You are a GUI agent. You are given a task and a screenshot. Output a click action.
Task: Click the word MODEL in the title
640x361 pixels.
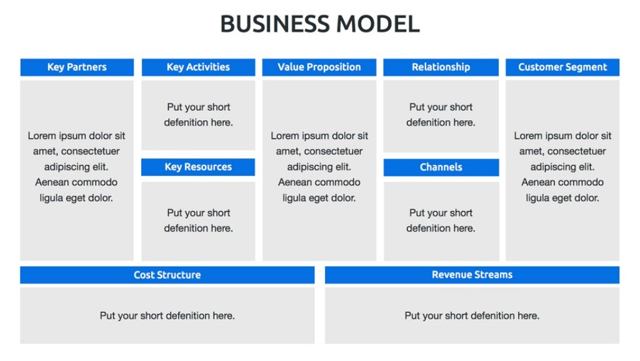tap(378, 24)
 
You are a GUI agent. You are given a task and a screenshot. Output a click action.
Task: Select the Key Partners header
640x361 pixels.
tap(77, 67)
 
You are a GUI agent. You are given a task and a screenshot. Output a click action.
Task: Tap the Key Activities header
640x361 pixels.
tap(198, 67)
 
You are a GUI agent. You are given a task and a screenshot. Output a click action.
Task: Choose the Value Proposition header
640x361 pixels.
tap(319, 67)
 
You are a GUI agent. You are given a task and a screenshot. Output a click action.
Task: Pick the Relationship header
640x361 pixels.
tap(441, 67)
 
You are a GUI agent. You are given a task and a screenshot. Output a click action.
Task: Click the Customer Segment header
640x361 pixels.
tap(562, 67)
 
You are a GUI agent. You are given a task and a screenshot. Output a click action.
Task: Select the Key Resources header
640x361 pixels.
tap(198, 167)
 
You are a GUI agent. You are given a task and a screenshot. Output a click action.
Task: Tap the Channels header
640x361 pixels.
tap(441, 167)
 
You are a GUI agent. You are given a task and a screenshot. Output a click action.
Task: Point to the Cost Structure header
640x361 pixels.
tap(167, 275)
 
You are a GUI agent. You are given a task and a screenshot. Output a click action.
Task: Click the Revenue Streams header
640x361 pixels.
tap(472, 275)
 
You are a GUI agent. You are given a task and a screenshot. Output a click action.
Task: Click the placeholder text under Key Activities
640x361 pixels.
tap(199, 114)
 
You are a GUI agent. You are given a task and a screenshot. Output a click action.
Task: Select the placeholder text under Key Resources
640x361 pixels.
tap(199, 220)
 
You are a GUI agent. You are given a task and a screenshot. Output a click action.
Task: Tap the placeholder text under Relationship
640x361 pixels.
tap(441, 114)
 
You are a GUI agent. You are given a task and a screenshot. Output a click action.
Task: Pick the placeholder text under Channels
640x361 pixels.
tap(441, 220)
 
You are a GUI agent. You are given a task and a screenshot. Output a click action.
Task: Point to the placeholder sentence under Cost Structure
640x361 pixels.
tap(167, 315)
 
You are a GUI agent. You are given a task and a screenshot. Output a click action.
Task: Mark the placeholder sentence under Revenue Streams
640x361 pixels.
tap(472, 315)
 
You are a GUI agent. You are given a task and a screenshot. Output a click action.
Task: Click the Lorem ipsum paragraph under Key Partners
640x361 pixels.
tap(77, 166)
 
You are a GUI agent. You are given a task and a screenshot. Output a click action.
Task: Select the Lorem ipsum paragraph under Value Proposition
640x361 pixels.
tap(319, 166)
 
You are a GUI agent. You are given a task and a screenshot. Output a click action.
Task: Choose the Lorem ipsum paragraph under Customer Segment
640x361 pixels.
tap(562, 166)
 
